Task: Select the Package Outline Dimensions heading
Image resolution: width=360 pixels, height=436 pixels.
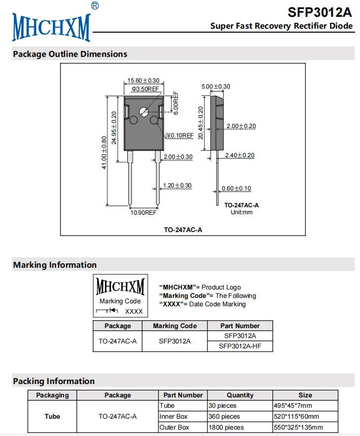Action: [70, 54]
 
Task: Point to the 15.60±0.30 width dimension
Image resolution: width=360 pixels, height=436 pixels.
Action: [143, 80]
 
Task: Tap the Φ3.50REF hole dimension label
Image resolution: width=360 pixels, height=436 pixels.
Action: [145, 89]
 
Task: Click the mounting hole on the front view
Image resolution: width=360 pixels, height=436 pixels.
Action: [144, 111]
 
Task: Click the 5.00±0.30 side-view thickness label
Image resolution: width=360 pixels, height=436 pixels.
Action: [216, 87]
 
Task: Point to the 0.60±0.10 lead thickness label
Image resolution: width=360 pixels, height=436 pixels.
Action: [236, 189]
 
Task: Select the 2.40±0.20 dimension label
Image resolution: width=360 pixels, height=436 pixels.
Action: [240, 155]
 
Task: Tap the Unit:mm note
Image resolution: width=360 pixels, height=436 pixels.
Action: [242, 212]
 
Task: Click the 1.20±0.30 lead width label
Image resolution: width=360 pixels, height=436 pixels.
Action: [177, 186]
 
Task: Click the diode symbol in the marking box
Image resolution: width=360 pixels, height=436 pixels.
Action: [107, 311]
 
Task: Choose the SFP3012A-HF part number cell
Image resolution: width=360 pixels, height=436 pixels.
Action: [240, 346]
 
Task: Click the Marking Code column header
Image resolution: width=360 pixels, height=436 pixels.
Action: [174, 326]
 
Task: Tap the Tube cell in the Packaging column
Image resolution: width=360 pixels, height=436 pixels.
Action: [52, 416]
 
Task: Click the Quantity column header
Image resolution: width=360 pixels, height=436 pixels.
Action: [240, 395]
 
